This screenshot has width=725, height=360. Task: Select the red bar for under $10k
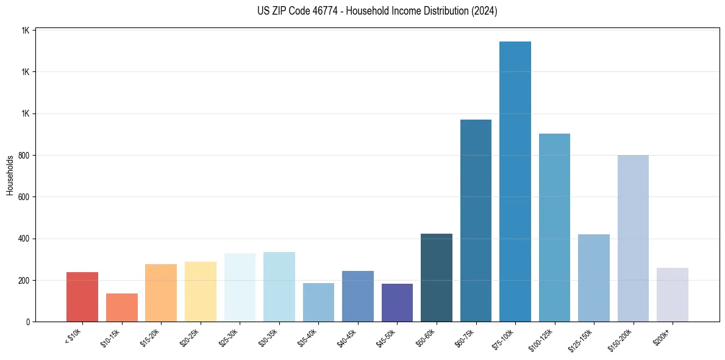(82, 297)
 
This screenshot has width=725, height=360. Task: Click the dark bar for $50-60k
(436, 278)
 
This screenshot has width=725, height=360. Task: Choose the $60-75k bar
(476, 220)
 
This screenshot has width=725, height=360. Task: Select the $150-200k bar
(633, 238)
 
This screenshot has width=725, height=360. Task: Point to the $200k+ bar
(672, 295)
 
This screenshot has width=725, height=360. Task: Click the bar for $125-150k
(593, 278)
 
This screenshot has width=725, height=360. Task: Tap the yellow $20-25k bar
(200, 292)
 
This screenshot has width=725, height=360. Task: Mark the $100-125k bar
(554, 228)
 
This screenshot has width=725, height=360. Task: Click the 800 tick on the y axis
(24, 156)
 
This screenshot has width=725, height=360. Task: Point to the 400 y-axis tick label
(24, 239)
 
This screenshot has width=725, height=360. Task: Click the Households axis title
(10, 175)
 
